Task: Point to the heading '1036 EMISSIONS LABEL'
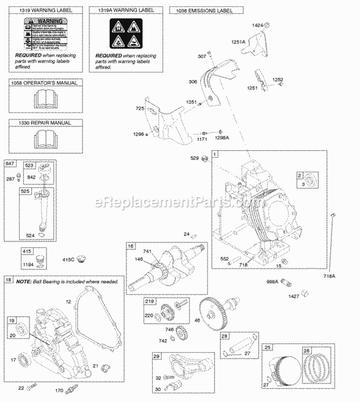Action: point(207,10)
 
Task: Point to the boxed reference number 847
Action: point(9,164)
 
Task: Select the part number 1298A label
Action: point(222,138)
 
